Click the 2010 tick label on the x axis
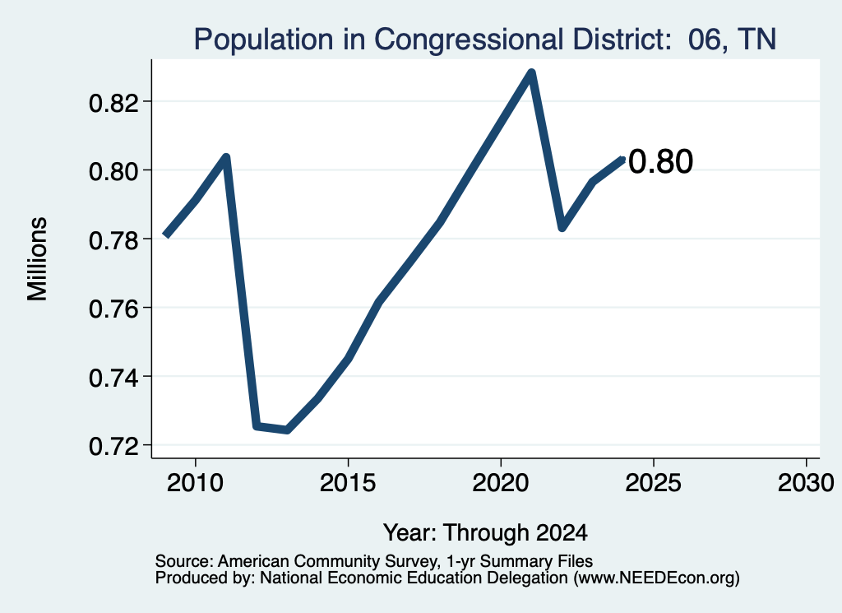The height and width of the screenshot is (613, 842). [195, 483]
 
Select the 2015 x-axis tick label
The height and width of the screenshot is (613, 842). [348, 483]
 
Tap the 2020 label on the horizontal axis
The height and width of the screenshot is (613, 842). [501, 483]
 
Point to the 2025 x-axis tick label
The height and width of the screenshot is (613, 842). [654, 483]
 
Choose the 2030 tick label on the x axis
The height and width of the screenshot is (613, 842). [806, 483]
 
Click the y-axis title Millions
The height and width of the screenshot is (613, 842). [38, 259]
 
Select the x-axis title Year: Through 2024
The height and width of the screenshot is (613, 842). [485, 533]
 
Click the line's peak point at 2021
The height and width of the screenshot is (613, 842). [531, 72]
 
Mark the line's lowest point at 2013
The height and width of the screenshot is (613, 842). [287, 430]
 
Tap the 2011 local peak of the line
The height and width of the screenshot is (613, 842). [226, 157]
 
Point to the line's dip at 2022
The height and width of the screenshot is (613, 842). [562, 227]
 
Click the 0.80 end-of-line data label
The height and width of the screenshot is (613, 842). [660, 161]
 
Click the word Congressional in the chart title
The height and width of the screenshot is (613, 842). [470, 39]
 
